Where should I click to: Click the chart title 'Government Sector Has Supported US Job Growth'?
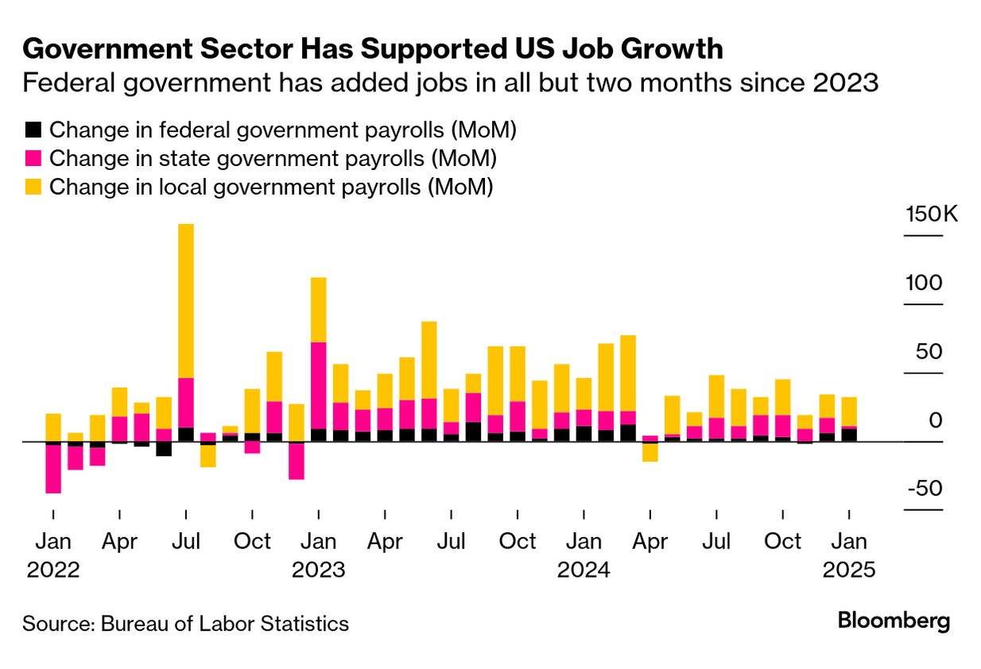(372, 49)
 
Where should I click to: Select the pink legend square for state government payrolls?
(33, 159)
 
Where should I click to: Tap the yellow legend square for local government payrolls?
(33, 188)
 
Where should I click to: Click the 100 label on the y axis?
(925, 284)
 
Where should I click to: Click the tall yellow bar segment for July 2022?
(186, 300)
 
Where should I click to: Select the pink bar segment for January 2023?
(319, 385)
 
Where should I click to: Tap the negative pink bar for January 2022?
(53, 469)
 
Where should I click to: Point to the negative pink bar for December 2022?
(297, 461)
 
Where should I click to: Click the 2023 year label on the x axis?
(319, 570)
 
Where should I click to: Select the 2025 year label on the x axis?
(849, 570)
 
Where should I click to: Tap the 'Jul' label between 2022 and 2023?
(186, 542)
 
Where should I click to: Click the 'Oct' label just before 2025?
(783, 542)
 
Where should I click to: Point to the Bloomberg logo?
(894, 621)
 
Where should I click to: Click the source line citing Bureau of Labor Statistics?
(185, 624)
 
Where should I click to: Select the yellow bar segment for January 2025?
(849, 412)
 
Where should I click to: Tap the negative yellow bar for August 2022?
(208, 456)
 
